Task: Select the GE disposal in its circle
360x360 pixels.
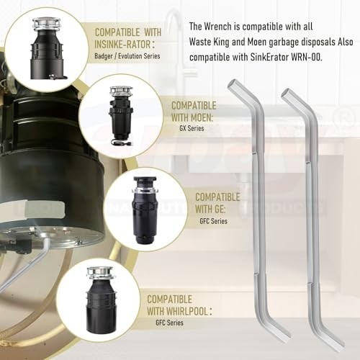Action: pos(143,204)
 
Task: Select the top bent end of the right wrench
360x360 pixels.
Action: pos(287,94)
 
